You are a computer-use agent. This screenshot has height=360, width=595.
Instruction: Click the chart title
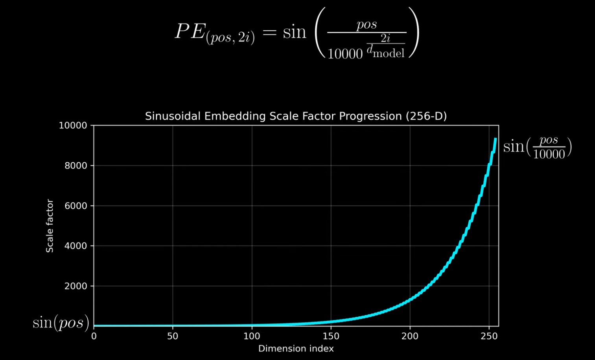point(296,116)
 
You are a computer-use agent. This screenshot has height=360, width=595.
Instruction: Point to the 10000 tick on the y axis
point(73,126)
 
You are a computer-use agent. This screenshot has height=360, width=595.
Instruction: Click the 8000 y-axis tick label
point(76,166)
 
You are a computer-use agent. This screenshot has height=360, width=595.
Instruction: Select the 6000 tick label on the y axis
point(76,206)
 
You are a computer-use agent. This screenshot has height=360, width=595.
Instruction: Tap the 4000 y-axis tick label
point(76,246)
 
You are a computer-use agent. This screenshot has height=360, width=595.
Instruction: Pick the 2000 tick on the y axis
point(76,286)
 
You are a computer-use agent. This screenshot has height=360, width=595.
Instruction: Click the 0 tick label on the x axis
point(94,336)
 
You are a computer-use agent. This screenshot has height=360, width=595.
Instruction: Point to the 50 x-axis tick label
point(173,336)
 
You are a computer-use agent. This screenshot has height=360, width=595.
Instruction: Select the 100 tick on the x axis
point(252,336)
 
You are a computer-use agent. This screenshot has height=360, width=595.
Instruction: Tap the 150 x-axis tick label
point(331,336)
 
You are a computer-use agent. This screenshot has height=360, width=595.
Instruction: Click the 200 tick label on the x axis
point(410,336)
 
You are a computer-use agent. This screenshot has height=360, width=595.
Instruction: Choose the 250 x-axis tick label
point(489,336)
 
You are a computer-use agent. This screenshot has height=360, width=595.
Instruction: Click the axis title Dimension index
point(296,349)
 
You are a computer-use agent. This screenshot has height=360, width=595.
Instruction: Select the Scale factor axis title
point(50,226)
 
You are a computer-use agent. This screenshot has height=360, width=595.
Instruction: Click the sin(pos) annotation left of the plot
point(61,323)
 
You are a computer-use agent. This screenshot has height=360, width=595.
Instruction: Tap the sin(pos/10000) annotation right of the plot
point(537,147)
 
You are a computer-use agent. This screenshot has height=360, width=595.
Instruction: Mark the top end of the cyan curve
point(496,139)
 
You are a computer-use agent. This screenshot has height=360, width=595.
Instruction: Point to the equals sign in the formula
point(270,32)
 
